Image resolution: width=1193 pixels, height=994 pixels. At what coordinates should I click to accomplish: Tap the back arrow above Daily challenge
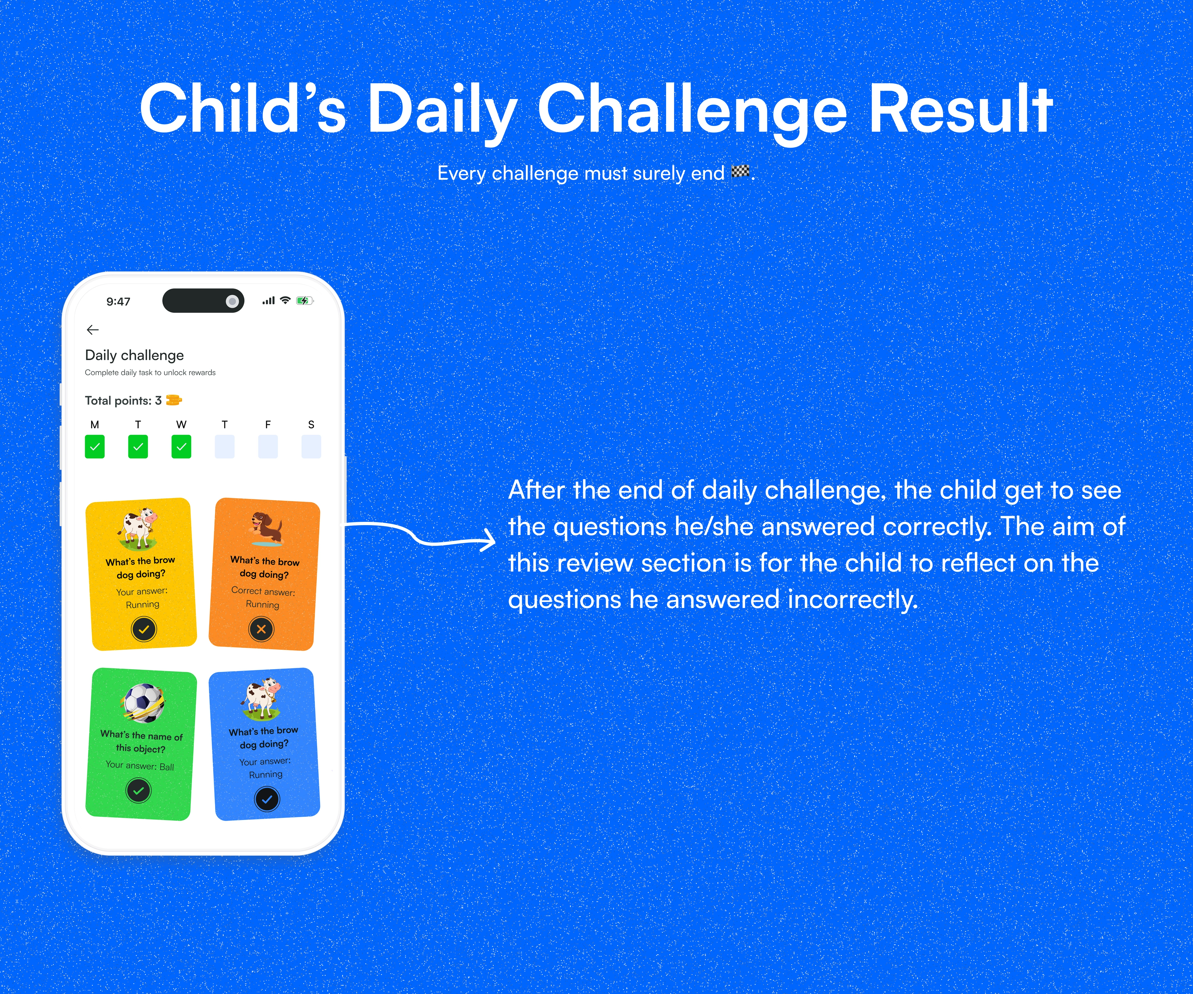pyautogui.click(x=93, y=330)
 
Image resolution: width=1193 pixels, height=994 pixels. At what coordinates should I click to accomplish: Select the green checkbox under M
pyautogui.click(x=95, y=446)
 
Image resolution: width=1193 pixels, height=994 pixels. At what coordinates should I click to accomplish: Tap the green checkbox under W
pyautogui.click(x=181, y=446)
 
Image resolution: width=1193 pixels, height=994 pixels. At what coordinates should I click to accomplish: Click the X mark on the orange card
pyautogui.click(x=261, y=629)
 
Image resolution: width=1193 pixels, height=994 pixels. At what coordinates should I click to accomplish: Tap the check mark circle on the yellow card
pyautogui.click(x=144, y=629)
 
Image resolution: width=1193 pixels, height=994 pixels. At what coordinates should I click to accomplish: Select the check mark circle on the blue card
pyautogui.click(x=267, y=799)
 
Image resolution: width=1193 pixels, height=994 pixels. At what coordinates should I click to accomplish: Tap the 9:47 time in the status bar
pyautogui.click(x=118, y=302)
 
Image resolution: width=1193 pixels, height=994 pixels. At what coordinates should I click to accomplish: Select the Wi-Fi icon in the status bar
pyautogui.click(x=285, y=300)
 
